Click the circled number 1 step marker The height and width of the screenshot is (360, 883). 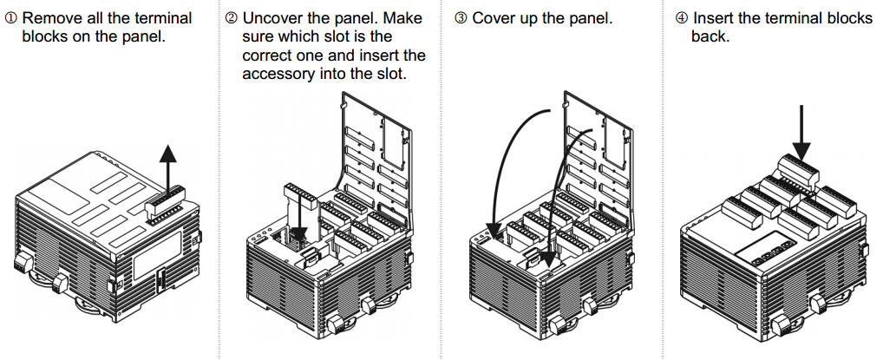(11, 18)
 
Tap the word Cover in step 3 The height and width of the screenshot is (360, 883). (494, 18)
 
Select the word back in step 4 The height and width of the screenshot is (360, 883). (710, 37)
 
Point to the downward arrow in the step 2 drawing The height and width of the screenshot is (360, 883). (301, 213)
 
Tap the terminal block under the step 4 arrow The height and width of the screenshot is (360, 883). (798, 168)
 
